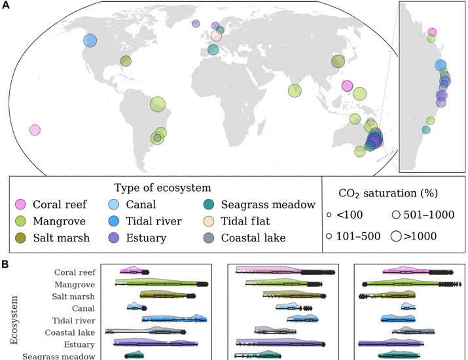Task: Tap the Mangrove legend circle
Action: (x=21, y=221)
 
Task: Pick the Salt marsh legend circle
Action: (x=21, y=238)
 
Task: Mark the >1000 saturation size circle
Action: (x=396, y=236)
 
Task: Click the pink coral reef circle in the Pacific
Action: (x=35, y=130)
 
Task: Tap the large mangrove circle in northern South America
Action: (x=158, y=103)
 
